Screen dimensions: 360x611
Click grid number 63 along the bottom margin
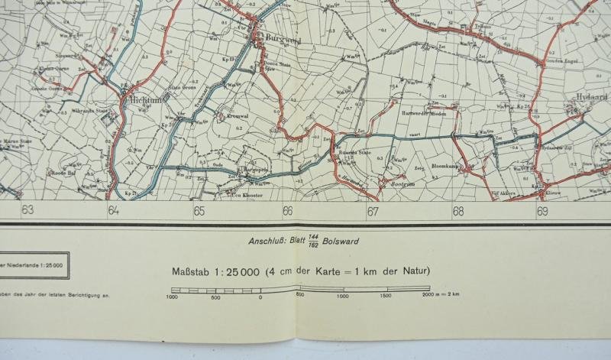point(28,211)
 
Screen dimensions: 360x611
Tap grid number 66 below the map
point(287,212)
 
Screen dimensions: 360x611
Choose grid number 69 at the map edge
point(543,212)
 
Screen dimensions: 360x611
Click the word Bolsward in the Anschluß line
point(342,242)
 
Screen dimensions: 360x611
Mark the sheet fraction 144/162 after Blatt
point(312,242)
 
